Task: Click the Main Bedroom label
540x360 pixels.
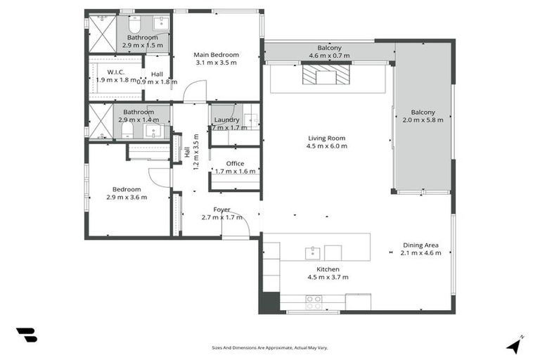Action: coord(217,55)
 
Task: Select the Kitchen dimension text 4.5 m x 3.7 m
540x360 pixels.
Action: coord(328,277)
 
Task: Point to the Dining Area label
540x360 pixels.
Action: coord(420,245)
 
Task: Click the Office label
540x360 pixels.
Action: coord(235,164)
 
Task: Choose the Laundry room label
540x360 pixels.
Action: coord(227,120)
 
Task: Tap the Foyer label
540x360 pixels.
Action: coord(221,210)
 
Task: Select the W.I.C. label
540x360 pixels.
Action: coord(116,72)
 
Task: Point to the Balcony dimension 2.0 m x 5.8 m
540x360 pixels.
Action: coord(423,120)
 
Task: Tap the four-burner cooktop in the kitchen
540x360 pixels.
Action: coord(314,302)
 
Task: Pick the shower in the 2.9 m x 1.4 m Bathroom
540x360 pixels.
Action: coord(98,121)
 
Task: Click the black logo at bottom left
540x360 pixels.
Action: coord(26,335)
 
